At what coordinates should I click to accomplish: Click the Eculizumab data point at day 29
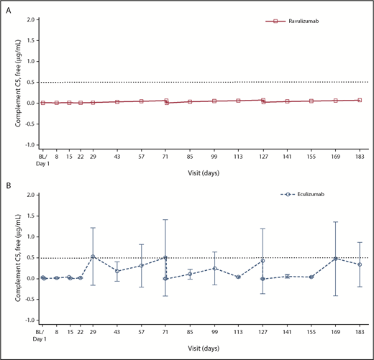pyautogui.click(x=93, y=257)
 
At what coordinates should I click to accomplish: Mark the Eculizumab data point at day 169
pyautogui.click(x=335, y=259)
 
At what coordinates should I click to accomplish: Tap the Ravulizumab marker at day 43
pyautogui.click(x=117, y=102)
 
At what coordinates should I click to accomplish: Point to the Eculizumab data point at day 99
pyautogui.click(x=214, y=268)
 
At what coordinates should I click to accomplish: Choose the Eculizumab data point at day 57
pyautogui.click(x=142, y=265)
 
